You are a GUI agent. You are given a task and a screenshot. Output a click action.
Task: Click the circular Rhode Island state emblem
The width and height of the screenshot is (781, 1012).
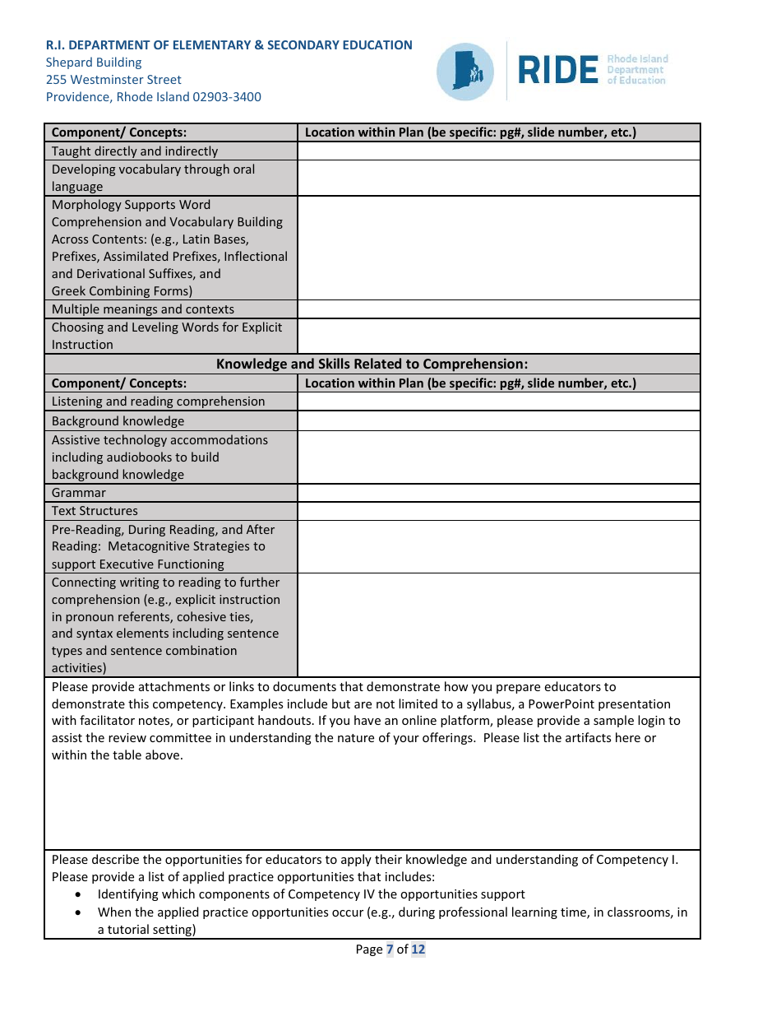pyautogui.click(x=465, y=72)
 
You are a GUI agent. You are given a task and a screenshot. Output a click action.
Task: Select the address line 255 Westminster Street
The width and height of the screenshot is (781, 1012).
pyautogui.click(x=113, y=80)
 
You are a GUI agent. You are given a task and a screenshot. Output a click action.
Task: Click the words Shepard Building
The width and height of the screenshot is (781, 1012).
pyautogui.click(x=94, y=63)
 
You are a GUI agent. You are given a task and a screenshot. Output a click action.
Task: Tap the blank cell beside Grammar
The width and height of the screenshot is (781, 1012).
pyautogui.click(x=498, y=493)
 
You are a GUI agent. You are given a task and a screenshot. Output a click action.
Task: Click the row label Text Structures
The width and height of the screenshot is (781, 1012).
pyautogui.click(x=95, y=511)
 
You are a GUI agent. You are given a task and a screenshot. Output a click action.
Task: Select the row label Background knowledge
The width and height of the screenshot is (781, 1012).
pyautogui.click(x=118, y=421)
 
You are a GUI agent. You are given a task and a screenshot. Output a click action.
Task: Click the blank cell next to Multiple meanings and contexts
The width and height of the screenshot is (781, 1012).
pyautogui.click(x=498, y=309)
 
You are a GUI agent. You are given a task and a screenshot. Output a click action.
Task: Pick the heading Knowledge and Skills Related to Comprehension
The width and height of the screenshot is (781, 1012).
pyautogui.click(x=372, y=364)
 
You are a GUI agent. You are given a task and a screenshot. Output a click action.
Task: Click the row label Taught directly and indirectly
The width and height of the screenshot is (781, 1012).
pyautogui.click(x=135, y=151)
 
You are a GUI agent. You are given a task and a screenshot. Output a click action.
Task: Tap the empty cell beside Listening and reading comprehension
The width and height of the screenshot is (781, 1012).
pyautogui.click(x=498, y=402)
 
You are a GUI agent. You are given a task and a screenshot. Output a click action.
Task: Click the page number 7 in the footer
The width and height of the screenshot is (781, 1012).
pyautogui.click(x=390, y=949)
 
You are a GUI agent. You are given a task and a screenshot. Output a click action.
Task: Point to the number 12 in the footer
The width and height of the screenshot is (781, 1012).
pyautogui.click(x=418, y=949)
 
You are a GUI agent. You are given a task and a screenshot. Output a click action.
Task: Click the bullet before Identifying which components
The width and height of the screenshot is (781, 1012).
pyautogui.click(x=78, y=894)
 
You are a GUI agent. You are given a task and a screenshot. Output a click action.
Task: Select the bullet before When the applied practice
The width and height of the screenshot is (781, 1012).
pyautogui.click(x=78, y=912)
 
